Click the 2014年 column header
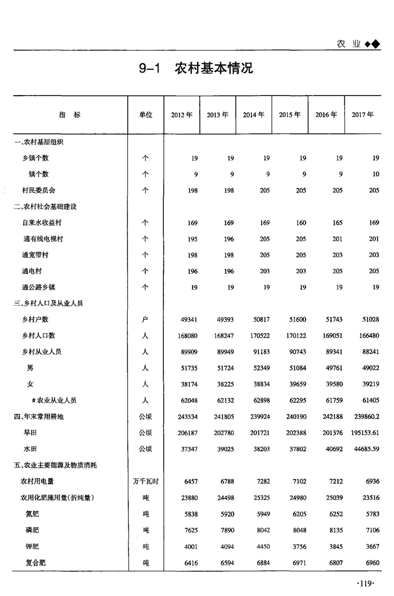(254, 115)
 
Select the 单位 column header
(145, 115)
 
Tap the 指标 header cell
(70, 115)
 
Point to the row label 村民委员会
(39, 191)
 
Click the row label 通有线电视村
(43, 239)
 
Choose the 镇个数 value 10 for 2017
(375, 174)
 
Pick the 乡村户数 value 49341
(188, 320)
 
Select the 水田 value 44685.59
(364, 449)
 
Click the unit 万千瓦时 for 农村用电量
(145, 482)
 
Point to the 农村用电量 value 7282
(262, 482)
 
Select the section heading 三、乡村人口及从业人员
(48, 304)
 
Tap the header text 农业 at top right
(349, 44)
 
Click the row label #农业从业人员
(53, 401)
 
